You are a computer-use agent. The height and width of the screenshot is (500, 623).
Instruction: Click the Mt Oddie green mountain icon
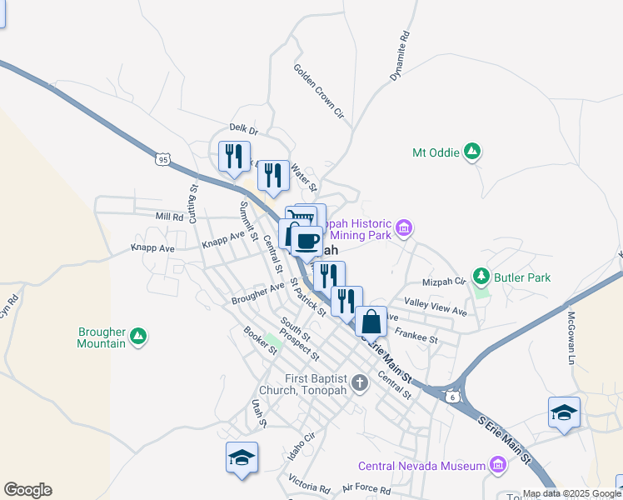click(x=472, y=152)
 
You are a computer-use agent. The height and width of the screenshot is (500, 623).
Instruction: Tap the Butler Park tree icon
click(x=481, y=276)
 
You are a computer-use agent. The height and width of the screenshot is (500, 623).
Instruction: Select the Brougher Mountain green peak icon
click(x=138, y=336)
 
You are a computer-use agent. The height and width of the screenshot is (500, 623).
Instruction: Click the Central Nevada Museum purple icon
click(x=497, y=465)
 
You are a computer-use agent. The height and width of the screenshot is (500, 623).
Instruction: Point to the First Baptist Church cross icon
click(x=360, y=383)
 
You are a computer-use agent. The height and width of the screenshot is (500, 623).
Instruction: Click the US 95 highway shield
click(x=162, y=157)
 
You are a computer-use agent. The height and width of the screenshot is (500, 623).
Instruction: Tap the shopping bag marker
click(x=371, y=322)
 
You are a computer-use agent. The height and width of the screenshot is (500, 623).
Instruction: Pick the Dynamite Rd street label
click(x=401, y=56)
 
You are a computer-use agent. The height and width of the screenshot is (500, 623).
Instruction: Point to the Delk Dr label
click(x=244, y=130)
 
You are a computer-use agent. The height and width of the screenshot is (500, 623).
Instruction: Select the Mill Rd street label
click(x=169, y=217)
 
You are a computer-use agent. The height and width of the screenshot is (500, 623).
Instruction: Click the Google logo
click(x=27, y=490)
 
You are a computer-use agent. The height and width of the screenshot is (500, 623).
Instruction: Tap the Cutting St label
click(x=193, y=201)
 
